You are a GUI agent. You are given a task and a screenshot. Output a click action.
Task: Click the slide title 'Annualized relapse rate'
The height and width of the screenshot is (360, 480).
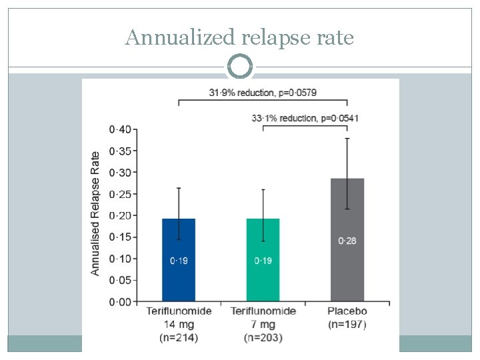(x=239, y=38)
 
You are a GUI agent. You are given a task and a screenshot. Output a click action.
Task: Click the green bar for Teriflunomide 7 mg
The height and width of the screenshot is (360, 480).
(x=263, y=280)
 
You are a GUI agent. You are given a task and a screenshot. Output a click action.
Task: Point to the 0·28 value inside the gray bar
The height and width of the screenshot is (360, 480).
(x=347, y=241)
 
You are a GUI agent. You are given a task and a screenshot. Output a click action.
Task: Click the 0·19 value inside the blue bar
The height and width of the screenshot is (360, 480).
(x=179, y=260)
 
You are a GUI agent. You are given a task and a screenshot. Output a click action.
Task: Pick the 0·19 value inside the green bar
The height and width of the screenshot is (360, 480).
(x=263, y=260)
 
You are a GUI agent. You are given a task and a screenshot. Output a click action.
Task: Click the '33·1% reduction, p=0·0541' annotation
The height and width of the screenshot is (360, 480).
(x=305, y=118)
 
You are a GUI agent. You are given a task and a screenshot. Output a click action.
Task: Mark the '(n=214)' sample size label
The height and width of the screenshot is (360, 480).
(x=179, y=338)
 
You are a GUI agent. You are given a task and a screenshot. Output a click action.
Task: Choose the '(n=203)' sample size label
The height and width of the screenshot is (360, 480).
(x=263, y=338)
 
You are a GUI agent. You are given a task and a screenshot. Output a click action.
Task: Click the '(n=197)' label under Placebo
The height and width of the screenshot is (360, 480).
(x=347, y=325)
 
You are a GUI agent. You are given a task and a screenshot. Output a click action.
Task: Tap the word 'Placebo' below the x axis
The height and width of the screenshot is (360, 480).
(x=347, y=311)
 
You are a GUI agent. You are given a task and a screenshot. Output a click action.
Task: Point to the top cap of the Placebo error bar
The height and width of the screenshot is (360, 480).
(x=347, y=139)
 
